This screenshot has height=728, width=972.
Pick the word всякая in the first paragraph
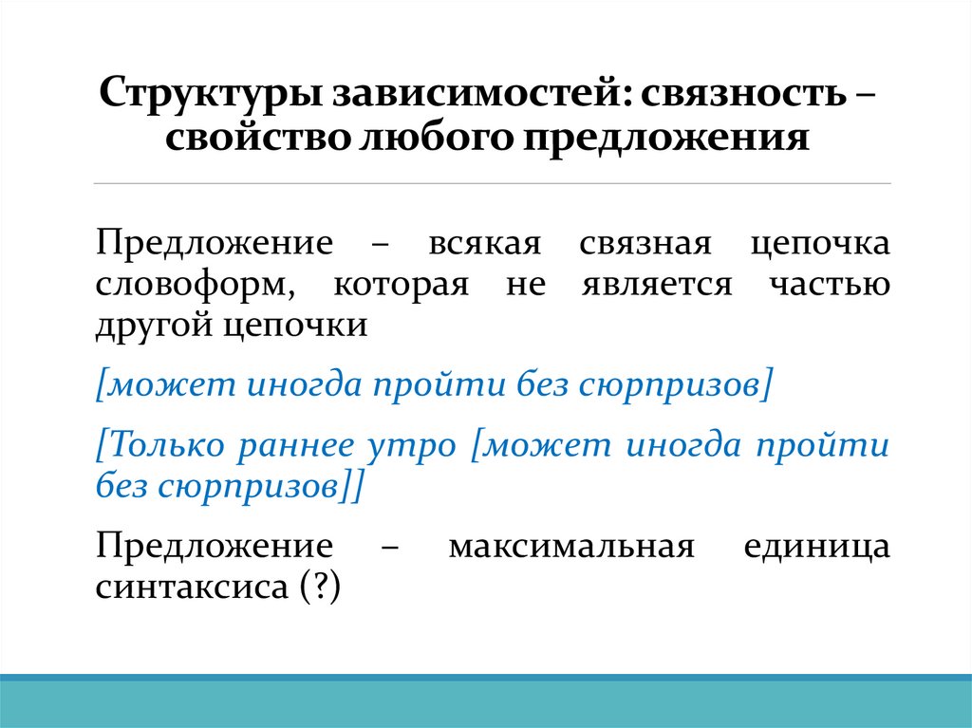(484, 243)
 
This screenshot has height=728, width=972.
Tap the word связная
(645, 243)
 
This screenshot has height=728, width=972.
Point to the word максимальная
(567, 548)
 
